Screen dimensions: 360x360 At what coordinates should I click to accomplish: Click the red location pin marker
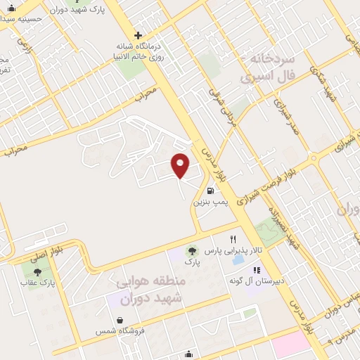pos(181,165)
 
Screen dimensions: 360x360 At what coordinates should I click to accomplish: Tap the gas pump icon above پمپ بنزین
pos(210,190)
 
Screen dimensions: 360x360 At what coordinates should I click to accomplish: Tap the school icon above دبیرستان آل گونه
pos(257,270)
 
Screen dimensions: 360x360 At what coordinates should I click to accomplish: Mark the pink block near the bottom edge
pos(291,345)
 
